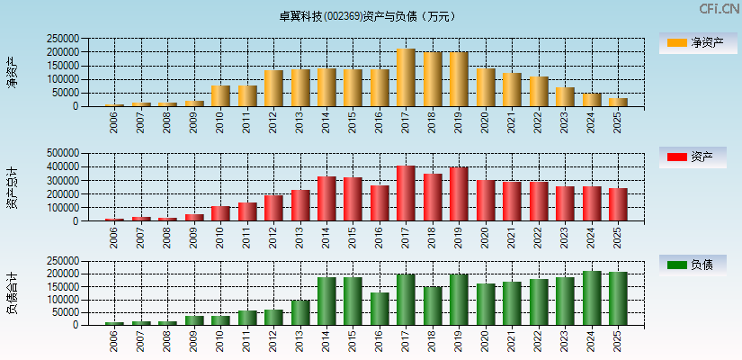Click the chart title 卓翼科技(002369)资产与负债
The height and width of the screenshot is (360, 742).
pos(366,16)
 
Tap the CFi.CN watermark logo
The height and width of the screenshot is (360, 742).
pos(719,9)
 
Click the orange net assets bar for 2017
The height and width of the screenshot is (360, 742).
pos(406,78)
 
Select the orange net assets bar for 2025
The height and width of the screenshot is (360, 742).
pos(618,103)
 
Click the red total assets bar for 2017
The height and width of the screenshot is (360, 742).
pos(406,193)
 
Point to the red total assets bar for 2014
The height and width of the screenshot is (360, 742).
pos(326,199)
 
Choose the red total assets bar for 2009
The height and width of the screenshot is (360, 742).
pos(194,217)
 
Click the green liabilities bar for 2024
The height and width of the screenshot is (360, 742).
pos(591,298)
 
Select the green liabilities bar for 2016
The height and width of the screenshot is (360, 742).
pos(380,309)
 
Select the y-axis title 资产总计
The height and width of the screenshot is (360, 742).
pos(13,187)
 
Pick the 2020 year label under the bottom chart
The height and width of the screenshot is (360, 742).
pos(486,339)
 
